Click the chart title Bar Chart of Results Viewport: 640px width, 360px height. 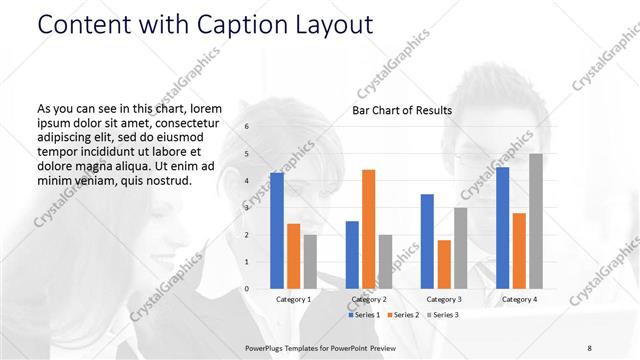[x=402, y=110]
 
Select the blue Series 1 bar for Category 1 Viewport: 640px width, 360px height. [x=276, y=230]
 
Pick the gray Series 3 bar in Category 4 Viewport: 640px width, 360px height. [x=536, y=221]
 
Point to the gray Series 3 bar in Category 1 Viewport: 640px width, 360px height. [x=310, y=261]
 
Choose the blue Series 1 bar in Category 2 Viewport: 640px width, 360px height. [x=352, y=255]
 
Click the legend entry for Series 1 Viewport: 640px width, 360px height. [x=364, y=314]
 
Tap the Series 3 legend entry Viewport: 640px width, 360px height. [x=443, y=314]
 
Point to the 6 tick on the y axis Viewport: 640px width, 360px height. [x=247, y=127]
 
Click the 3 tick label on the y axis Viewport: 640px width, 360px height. [x=247, y=208]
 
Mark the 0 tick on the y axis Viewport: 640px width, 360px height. [x=247, y=289]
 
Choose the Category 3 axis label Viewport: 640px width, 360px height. [x=443, y=299]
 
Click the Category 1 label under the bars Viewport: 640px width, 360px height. [x=293, y=299]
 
